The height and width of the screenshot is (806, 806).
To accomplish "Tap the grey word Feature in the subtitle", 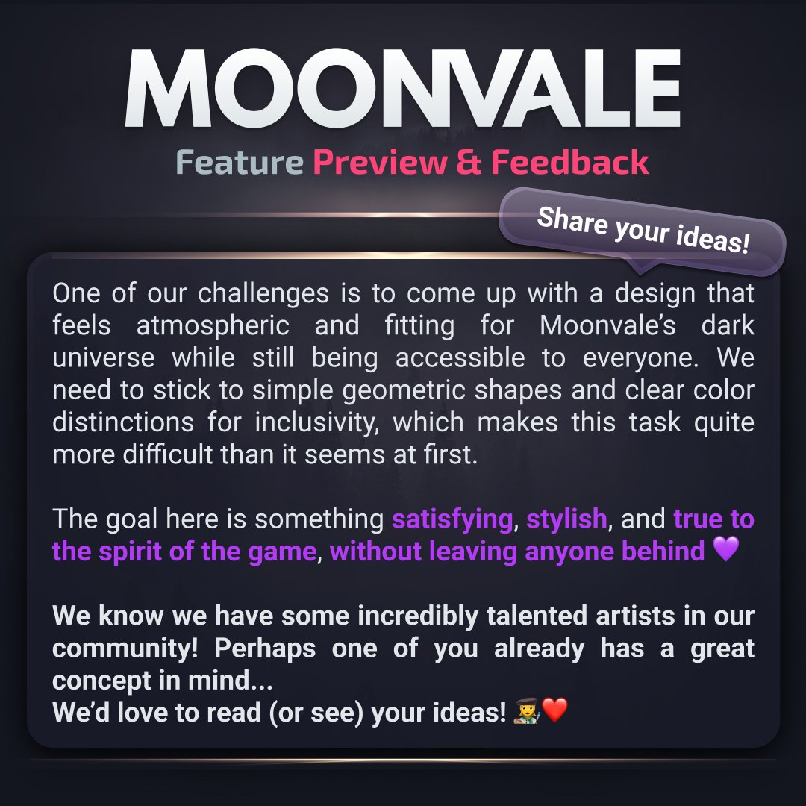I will [x=239, y=163].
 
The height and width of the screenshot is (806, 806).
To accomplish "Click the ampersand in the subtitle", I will [x=469, y=163].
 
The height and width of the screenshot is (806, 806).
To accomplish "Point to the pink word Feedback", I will [x=570, y=163].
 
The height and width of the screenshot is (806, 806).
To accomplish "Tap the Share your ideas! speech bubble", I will [x=643, y=230].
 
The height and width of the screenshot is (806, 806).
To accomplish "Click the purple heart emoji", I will [x=725, y=550].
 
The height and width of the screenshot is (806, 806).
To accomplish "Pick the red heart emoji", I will [x=555, y=710].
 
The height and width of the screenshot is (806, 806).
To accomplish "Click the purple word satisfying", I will [x=453, y=519].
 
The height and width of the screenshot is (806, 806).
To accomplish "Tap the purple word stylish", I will [x=566, y=519].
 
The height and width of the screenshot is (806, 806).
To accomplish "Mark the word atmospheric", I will [x=213, y=325].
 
